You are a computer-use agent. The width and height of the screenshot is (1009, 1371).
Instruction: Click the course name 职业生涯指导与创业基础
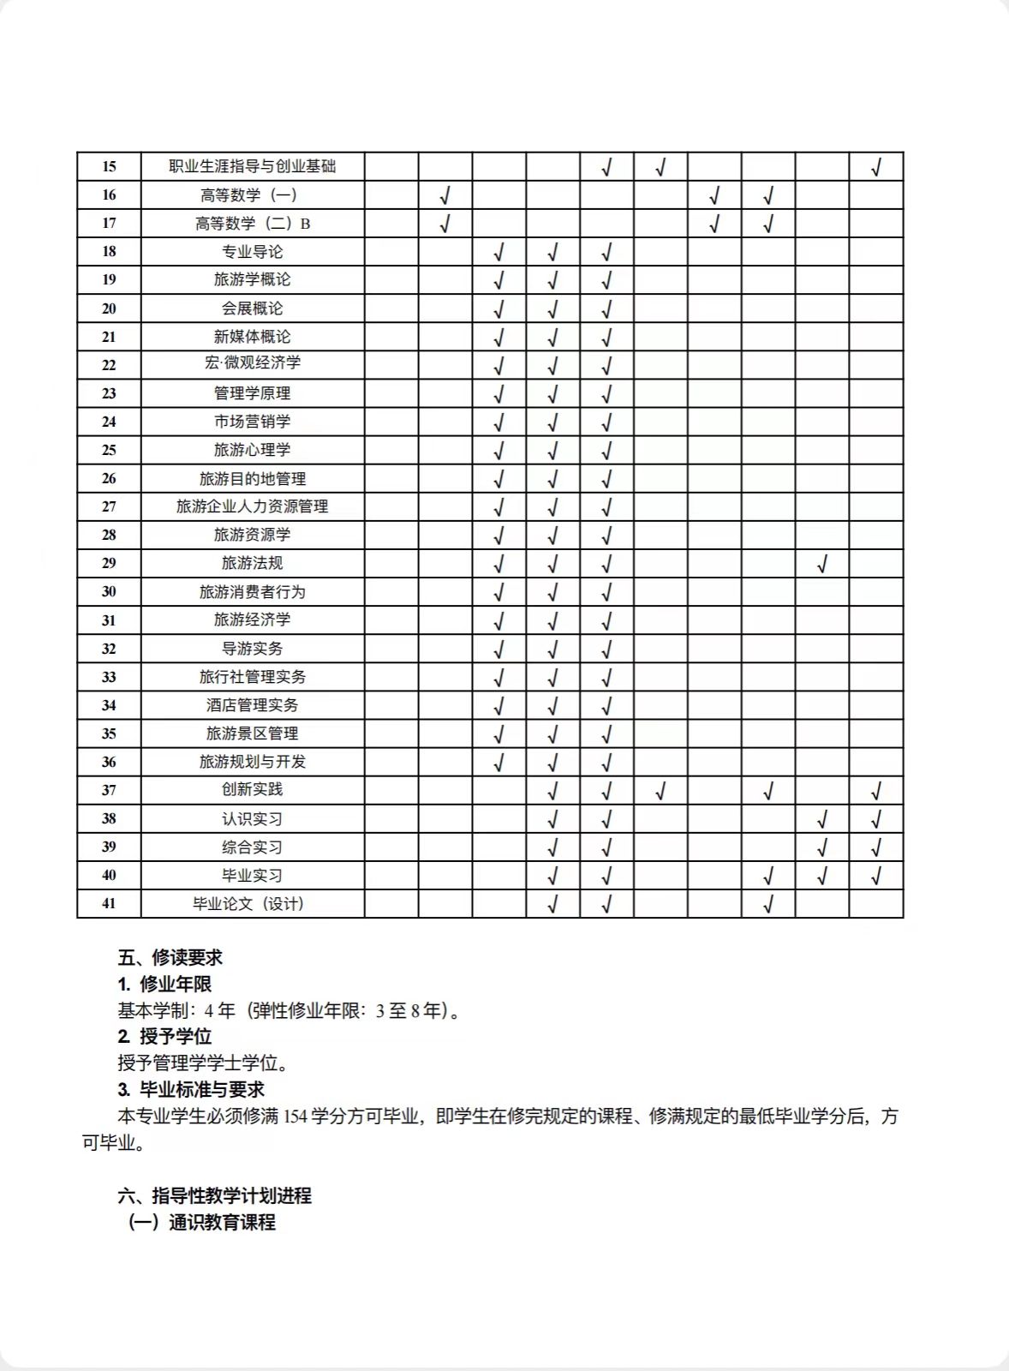pyautogui.click(x=253, y=166)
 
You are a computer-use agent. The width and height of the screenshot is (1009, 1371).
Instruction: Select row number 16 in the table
pyautogui.click(x=109, y=195)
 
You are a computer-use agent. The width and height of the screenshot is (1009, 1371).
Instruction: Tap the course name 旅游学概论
pyautogui.click(x=253, y=279)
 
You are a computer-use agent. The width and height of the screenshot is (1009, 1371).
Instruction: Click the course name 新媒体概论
pyautogui.click(x=253, y=337)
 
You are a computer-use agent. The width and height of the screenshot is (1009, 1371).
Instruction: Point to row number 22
pyautogui.click(x=109, y=365)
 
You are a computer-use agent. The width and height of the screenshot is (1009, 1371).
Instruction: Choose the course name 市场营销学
pyautogui.click(x=253, y=422)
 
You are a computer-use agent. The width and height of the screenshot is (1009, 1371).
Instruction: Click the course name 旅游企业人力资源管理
pyautogui.click(x=253, y=506)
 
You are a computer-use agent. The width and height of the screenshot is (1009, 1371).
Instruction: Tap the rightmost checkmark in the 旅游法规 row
pyautogui.click(x=822, y=564)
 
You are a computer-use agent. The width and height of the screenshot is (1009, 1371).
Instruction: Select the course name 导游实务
pyautogui.click(x=253, y=649)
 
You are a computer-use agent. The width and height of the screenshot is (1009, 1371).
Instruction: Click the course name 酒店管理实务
pyautogui.click(x=253, y=705)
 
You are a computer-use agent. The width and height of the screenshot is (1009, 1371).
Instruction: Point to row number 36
pyautogui.click(x=109, y=762)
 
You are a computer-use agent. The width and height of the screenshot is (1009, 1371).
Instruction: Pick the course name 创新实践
pyautogui.click(x=253, y=790)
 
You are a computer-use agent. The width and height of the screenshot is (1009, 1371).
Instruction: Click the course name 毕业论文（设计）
pyautogui.click(x=249, y=904)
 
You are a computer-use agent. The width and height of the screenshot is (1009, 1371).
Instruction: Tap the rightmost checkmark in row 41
pyautogui.click(x=768, y=903)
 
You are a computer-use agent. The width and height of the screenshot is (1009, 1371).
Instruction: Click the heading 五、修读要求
pyautogui.click(x=170, y=958)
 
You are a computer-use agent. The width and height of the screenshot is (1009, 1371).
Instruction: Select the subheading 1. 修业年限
pyautogui.click(x=165, y=985)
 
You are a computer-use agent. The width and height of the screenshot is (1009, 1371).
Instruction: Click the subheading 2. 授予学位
pyautogui.click(x=165, y=1037)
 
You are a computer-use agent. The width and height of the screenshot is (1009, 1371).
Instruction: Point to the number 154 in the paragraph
pyautogui.click(x=295, y=1117)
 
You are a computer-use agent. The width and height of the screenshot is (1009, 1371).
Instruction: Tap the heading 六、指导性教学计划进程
pyautogui.click(x=215, y=1196)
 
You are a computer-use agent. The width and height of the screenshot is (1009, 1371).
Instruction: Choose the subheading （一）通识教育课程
pyautogui.click(x=202, y=1223)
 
